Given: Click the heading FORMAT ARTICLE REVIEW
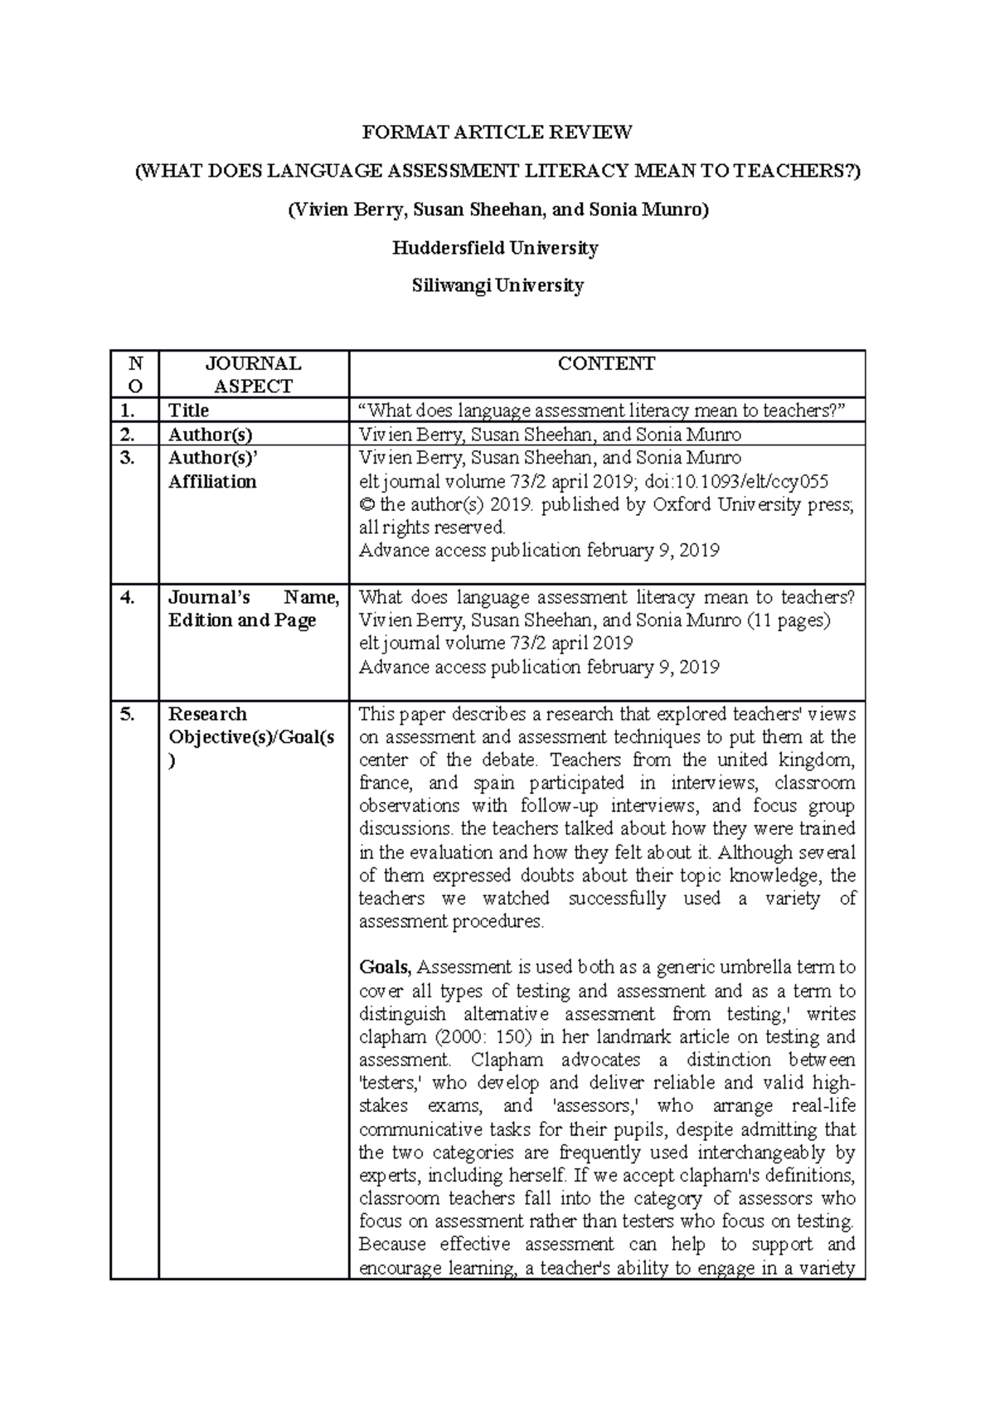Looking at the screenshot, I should pos(497,133).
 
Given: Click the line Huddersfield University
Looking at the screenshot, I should pos(497,248).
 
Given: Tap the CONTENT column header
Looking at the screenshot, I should pos(606,364).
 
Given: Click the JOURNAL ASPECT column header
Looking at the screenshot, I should pos(253,375).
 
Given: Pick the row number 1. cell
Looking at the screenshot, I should pos(127,410).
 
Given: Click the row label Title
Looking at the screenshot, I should pos(189,410).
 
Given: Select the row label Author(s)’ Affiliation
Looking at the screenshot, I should pos(213,470).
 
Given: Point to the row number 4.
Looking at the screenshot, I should pos(127,597).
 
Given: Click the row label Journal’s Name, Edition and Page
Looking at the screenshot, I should pos(253,609).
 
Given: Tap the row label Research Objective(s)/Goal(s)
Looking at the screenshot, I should pos(251,737).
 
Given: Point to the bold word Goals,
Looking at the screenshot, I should pos(385,968).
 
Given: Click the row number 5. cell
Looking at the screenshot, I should pos(127,714).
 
